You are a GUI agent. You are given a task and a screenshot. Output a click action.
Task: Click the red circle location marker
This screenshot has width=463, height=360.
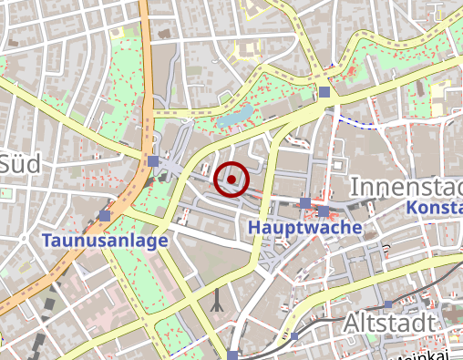(231, 180)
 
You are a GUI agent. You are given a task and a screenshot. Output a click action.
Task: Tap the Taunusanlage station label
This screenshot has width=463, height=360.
(105, 242)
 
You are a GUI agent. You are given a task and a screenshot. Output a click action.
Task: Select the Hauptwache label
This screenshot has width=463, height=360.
(304, 226)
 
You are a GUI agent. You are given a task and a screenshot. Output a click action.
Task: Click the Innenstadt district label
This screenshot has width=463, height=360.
(406, 187)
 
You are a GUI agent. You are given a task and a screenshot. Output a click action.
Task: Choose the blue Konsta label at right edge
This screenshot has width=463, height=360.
(434, 209)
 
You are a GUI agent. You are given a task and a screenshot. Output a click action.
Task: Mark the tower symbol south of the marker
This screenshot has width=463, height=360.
(217, 302)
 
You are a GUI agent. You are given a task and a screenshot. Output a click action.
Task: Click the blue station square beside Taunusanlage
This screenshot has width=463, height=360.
(107, 216)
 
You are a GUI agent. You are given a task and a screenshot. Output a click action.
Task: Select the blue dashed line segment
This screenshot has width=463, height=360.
(355, 121)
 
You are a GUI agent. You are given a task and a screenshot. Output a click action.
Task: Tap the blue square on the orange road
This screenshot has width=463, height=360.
(152, 161)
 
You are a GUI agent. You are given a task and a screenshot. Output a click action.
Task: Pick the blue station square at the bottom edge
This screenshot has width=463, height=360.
(234, 355)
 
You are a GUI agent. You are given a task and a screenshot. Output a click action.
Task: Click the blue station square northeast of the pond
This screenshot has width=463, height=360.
(324, 91)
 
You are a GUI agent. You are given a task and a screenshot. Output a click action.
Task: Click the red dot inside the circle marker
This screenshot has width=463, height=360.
(231, 180)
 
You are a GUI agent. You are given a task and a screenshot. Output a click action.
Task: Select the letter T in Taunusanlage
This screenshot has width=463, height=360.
(47, 242)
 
